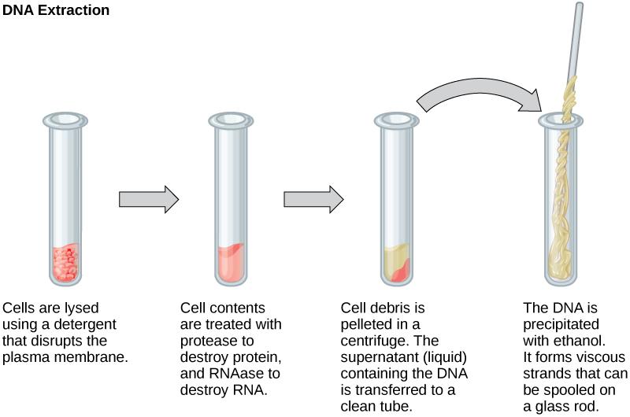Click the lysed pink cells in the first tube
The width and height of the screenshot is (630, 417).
click(x=66, y=264)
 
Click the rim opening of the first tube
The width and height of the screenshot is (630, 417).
click(x=66, y=120)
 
